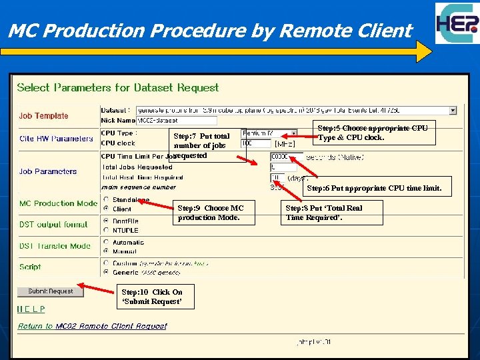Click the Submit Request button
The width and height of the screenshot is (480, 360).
click(x=51, y=291)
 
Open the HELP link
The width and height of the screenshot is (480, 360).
click(x=31, y=309)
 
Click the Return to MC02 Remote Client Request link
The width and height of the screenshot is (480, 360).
click(x=92, y=326)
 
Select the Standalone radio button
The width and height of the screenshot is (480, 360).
click(x=106, y=200)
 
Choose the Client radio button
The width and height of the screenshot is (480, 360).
click(x=106, y=209)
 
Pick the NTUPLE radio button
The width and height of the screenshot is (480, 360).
click(x=106, y=230)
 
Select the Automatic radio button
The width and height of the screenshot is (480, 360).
click(x=106, y=243)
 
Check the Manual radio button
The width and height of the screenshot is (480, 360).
click(x=106, y=251)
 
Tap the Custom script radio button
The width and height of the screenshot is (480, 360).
click(x=106, y=263)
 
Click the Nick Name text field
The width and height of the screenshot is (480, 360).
click(x=176, y=121)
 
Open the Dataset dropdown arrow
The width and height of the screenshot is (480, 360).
click(x=453, y=110)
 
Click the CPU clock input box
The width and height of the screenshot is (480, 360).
click(x=257, y=143)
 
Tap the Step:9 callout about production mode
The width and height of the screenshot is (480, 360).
click(x=215, y=213)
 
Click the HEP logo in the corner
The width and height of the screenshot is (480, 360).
click(x=457, y=24)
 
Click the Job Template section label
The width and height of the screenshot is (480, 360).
click(x=43, y=116)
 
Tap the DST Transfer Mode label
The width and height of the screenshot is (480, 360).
click(x=55, y=246)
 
